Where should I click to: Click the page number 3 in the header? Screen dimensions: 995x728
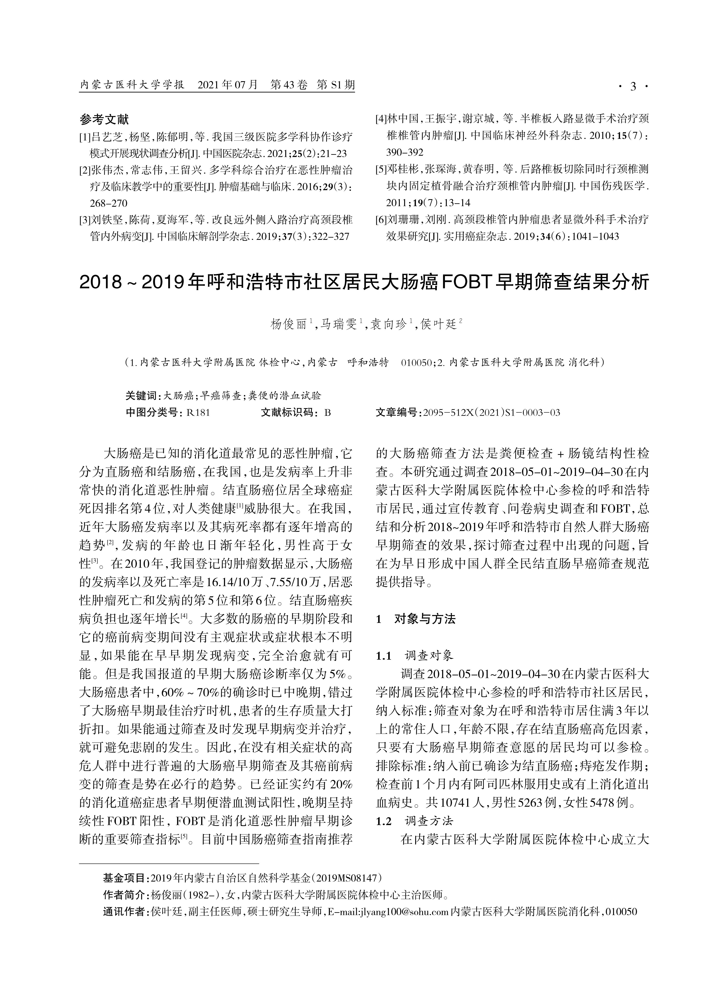click(x=633, y=86)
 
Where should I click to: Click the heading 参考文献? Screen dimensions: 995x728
click(x=104, y=119)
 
